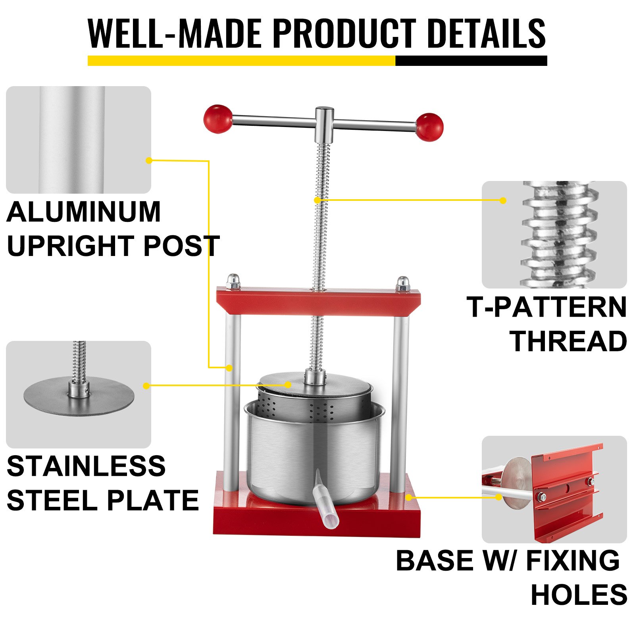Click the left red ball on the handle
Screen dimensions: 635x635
click(218, 119)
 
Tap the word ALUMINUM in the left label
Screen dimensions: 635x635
click(84, 212)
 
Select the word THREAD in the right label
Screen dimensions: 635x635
click(568, 341)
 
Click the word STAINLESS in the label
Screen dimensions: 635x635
click(86, 466)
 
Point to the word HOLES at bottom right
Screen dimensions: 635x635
click(579, 595)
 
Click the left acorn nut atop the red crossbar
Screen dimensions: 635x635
click(233, 281)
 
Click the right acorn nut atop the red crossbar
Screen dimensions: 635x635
click(403, 284)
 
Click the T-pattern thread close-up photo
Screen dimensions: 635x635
click(554, 235)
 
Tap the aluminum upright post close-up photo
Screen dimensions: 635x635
click(79, 140)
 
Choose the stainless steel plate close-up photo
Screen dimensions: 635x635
click(79, 394)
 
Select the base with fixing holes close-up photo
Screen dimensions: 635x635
click(554, 489)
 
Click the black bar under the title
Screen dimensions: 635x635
click(471, 61)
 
